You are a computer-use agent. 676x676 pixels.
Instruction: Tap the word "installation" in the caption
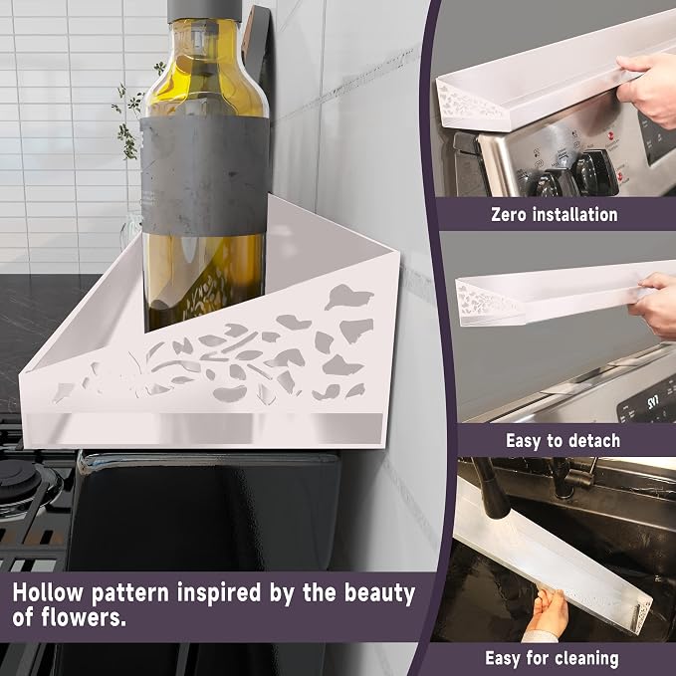575,214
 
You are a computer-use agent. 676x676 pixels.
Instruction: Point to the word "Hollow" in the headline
48,592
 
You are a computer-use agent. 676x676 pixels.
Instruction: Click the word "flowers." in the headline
84,617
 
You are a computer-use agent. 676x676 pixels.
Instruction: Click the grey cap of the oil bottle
204,10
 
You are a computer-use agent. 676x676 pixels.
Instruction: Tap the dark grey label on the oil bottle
205,176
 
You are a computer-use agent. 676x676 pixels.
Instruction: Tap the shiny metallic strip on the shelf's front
204,428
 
